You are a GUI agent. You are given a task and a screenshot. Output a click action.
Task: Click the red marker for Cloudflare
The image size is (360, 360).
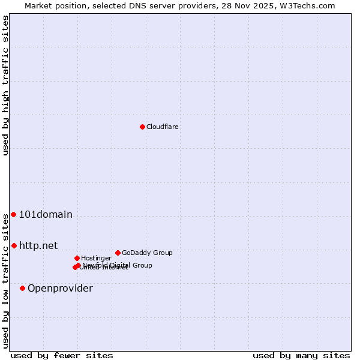pos(142,127)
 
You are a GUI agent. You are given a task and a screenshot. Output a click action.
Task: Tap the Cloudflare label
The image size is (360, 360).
pos(163,127)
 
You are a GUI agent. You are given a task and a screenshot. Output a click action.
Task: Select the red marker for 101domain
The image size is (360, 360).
pos(13,215)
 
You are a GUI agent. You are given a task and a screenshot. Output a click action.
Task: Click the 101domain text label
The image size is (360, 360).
pos(46,215)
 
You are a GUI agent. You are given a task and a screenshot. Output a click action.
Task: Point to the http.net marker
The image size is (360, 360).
pos(14,245)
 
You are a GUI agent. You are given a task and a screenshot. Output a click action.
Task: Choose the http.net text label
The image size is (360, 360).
pos(38,245)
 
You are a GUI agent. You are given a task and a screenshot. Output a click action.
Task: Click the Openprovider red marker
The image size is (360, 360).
pos(22,289)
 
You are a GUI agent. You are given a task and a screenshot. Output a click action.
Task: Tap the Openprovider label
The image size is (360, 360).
pos(60,289)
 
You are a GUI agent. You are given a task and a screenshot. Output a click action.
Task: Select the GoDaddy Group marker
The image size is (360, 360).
pos(118,253)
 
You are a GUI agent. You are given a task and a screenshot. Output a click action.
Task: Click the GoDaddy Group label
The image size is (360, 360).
pos(147,253)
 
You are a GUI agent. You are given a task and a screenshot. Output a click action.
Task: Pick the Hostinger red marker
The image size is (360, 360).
pos(77,258)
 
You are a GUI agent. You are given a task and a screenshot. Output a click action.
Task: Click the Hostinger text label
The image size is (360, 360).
pos(96,258)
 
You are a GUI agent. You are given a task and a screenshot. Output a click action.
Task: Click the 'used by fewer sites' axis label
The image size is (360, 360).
pos(62,355)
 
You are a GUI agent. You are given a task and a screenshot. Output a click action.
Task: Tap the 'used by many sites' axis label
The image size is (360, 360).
pos(301,355)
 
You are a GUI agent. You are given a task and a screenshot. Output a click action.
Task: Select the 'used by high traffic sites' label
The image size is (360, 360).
pos(5,85)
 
